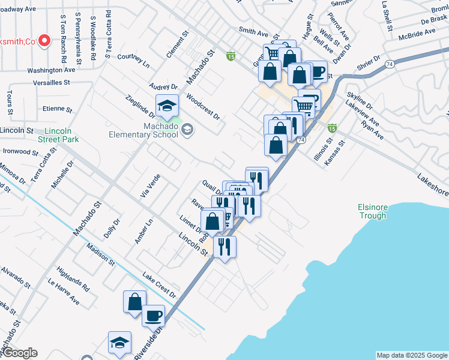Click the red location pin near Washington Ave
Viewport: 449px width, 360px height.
coord(44,40)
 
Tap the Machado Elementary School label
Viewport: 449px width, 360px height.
coord(143,130)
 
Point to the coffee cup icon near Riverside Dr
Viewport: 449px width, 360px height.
coord(153,315)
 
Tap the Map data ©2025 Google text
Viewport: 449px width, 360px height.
coord(412,355)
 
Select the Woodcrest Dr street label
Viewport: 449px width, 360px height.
coord(203,106)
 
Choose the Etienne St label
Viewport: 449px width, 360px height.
coord(58,110)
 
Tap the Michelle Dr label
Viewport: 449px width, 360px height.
coord(62,175)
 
